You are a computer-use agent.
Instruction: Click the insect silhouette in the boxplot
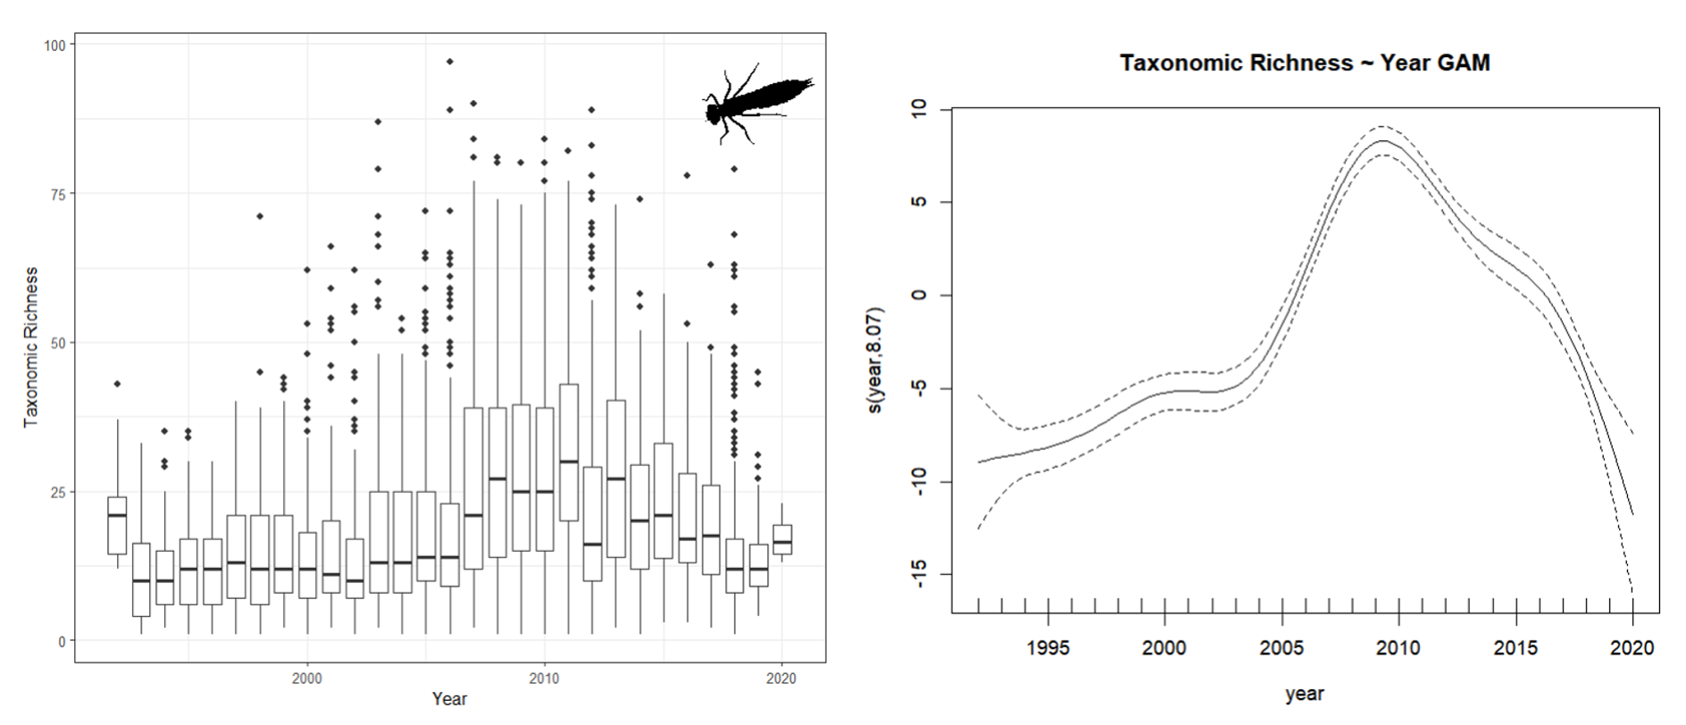757,104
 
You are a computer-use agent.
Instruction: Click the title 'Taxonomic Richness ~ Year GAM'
1305,63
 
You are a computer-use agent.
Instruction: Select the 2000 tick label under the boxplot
306,679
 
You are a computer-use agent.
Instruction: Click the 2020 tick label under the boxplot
781,679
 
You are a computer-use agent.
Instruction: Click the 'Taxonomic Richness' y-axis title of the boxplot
31,346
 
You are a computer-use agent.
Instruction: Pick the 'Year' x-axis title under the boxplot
449,699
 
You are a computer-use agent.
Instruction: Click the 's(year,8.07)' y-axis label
875,360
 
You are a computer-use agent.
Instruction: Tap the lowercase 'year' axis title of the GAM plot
1305,694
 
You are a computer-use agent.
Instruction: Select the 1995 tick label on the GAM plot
1047,647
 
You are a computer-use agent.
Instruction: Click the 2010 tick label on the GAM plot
1398,647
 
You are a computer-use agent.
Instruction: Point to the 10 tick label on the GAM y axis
920,108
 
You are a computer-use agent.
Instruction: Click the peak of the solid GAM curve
1383,141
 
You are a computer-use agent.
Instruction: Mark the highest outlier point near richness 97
450,62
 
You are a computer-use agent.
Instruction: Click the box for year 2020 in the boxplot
782,539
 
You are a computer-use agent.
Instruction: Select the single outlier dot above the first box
117,384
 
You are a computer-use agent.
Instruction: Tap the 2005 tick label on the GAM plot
1281,647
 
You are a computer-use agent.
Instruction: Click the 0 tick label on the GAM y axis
920,295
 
